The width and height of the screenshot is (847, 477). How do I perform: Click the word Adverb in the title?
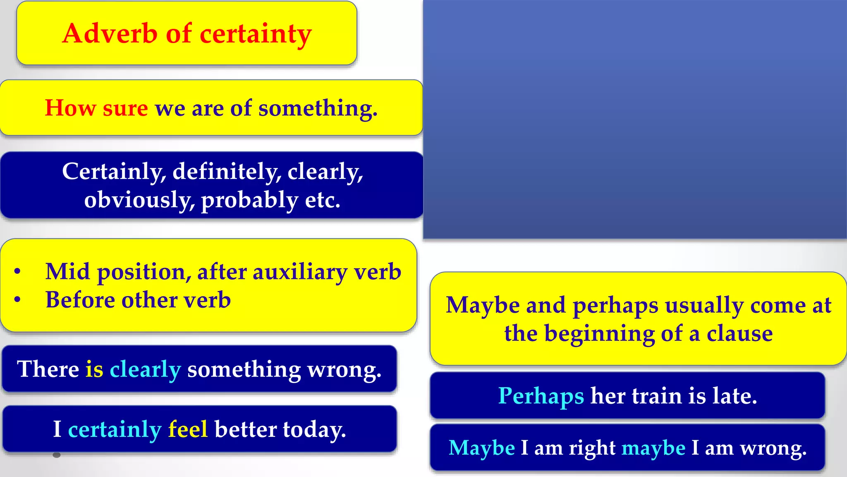click(x=110, y=34)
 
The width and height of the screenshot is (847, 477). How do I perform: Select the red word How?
click(x=70, y=108)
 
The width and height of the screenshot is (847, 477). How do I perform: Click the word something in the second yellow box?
click(x=317, y=109)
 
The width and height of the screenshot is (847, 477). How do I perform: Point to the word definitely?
click(x=227, y=171)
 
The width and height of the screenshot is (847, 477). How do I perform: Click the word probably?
click(x=249, y=200)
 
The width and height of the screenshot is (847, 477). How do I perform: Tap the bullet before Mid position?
click(x=17, y=272)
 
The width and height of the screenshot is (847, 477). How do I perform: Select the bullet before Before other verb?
click(x=17, y=300)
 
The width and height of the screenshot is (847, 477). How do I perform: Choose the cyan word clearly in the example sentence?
click(x=145, y=369)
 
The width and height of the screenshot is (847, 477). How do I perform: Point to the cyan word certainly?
click(x=115, y=430)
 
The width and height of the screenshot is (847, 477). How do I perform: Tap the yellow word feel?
click(x=188, y=429)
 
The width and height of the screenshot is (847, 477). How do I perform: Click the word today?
click(x=314, y=430)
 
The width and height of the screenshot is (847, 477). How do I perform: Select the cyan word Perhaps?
click(x=541, y=396)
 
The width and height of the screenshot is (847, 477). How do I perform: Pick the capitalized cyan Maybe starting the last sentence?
click(x=482, y=448)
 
